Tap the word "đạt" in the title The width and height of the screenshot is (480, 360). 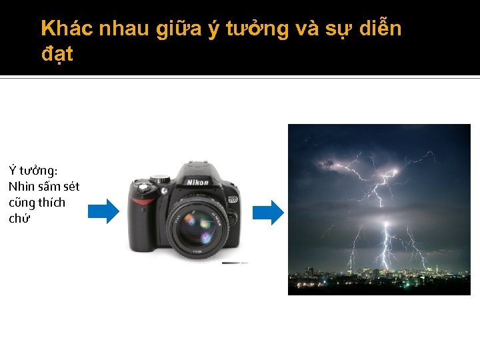[x=57, y=55]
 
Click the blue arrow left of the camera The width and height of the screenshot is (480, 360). [x=103, y=211]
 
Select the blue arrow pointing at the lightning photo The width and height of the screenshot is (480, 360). [x=268, y=212]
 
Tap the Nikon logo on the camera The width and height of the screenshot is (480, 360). [x=197, y=182]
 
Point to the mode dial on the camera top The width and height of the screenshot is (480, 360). [x=160, y=179]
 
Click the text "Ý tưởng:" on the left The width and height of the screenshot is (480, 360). [x=33, y=171]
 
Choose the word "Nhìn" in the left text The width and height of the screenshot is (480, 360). [x=21, y=187]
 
